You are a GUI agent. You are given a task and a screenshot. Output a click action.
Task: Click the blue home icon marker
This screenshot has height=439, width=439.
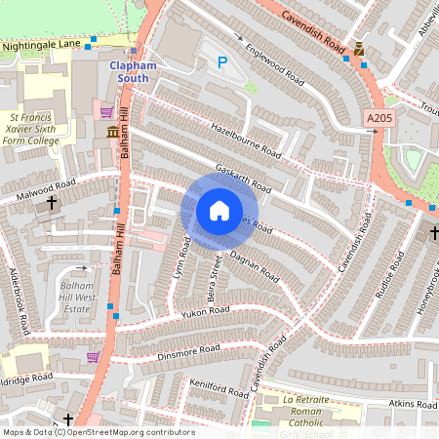219,211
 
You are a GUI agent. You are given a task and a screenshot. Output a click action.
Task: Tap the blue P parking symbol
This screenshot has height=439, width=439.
222,63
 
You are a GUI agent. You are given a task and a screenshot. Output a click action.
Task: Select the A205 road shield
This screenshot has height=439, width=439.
381,118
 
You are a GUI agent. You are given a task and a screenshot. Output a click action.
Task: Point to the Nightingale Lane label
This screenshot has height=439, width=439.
40,45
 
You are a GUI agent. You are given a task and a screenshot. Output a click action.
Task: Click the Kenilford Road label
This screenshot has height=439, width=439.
219,388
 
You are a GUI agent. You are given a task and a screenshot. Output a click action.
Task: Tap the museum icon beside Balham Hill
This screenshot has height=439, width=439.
113,132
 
